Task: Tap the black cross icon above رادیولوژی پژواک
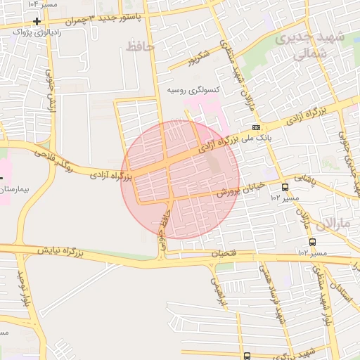click(37, 21)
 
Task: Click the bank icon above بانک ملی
click(257, 127)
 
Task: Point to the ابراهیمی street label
click(221, 289)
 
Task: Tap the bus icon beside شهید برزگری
click(247, 356)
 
